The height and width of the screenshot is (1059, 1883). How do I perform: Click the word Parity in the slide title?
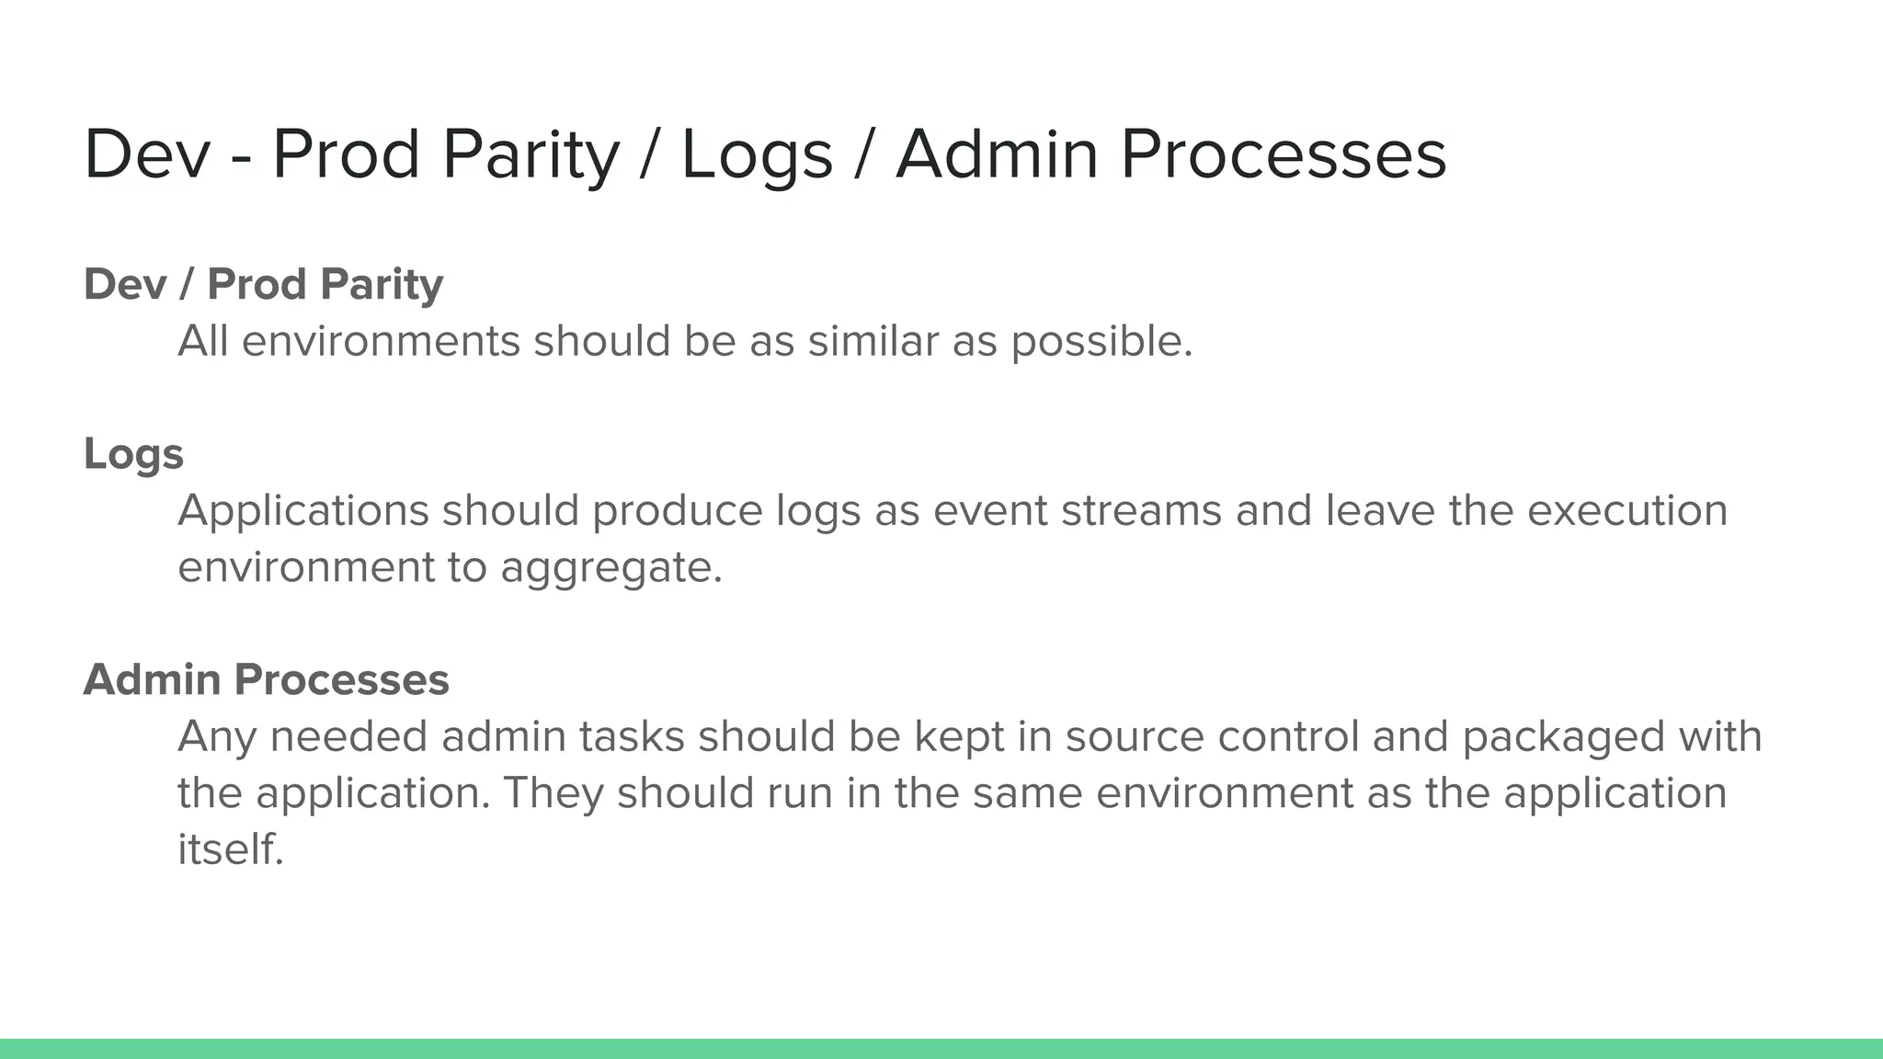tap(531, 154)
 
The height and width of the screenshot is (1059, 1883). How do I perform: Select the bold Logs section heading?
tap(133, 454)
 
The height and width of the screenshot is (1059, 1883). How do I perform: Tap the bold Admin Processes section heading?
tap(266, 680)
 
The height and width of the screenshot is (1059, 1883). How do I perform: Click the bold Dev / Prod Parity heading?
tap(263, 284)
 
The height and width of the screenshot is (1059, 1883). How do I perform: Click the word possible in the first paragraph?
tap(1101, 343)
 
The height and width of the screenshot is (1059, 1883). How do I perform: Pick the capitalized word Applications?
tap(302, 512)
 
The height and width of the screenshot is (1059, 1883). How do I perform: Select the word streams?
tap(1141, 511)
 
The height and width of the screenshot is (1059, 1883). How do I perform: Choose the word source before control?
tap(1135, 737)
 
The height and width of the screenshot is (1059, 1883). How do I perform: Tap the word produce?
tap(677, 512)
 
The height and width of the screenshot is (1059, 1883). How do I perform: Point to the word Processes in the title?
tap(1283, 154)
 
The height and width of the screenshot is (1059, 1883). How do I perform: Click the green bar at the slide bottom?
tap(941, 1049)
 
